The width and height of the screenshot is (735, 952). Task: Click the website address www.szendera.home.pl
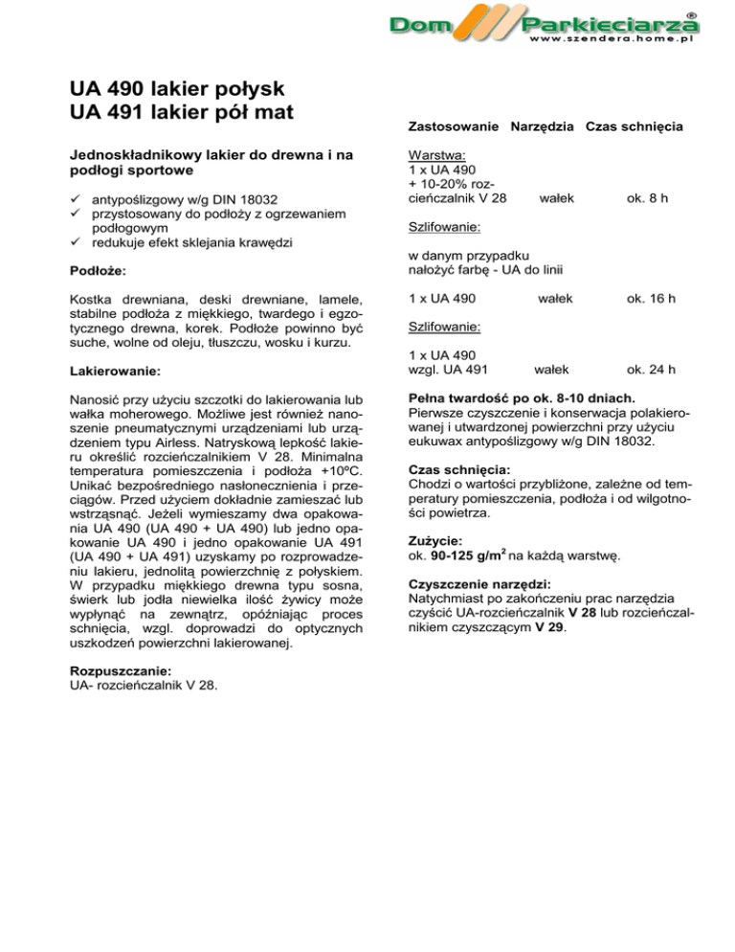pyautogui.click(x=610, y=42)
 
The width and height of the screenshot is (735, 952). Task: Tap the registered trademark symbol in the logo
pyautogui.click(x=691, y=14)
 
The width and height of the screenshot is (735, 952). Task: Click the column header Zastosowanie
pyautogui.click(x=452, y=126)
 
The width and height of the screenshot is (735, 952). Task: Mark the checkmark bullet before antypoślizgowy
pyautogui.click(x=76, y=199)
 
